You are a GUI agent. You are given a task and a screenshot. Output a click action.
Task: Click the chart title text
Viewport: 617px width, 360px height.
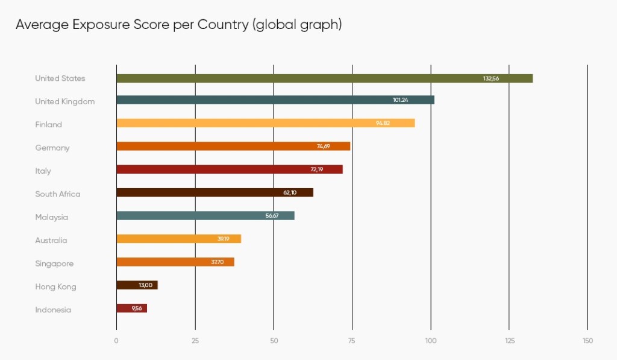point(178,25)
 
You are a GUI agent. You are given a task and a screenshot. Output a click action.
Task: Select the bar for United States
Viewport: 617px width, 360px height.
point(324,78)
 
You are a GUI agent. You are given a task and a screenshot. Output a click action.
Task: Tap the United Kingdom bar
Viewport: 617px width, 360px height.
point(275,100)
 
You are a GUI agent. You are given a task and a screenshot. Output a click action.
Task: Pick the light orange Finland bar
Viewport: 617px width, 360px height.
point(265,123)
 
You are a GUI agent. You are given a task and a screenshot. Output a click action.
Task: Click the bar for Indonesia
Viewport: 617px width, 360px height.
point(131,308)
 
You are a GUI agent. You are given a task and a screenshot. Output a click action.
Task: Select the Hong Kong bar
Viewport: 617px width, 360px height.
point(137,285)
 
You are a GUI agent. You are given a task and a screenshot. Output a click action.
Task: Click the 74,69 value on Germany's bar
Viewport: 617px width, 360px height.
point(324,147)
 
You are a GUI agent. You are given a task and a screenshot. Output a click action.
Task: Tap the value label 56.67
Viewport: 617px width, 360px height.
point(272,216)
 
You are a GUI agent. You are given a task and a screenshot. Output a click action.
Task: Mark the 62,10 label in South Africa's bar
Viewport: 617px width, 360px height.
point(290,193)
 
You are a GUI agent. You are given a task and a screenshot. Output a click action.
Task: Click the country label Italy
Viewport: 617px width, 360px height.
point(43,171)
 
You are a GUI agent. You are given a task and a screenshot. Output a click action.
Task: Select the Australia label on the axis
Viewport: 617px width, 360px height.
point(51,241)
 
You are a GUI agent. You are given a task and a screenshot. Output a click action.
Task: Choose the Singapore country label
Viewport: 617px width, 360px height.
point(54,264)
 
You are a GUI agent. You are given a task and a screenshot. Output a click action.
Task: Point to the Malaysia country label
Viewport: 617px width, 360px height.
point(51,217)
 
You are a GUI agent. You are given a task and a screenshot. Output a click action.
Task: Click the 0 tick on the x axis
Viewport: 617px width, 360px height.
point(116,341)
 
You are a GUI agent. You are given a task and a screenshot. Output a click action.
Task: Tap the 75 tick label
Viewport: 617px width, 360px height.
point(352,341)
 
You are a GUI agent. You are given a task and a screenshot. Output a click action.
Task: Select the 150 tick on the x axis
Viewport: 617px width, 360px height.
point(587,341)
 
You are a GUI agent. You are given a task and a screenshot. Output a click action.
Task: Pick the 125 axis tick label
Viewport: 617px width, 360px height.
point(509,341)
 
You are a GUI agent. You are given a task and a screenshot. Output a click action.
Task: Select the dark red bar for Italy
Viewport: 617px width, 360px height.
point(229,169)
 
